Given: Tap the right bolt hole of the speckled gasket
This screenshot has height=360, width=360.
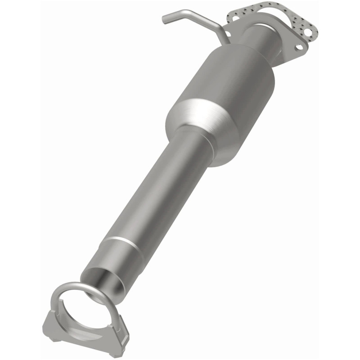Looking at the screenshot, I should click(307, 32).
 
